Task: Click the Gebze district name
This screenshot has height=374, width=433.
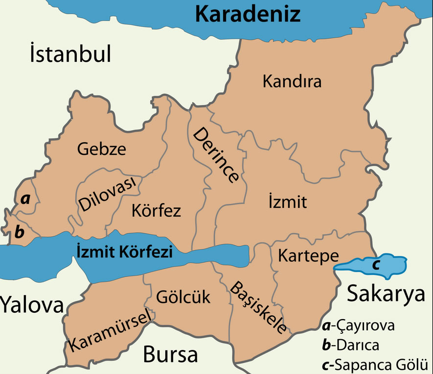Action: (x=101, y=149)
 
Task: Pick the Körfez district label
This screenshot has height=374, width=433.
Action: (x=156, y=211)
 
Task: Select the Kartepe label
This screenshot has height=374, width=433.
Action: (x=308, y=255)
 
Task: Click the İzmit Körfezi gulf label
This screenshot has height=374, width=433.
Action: (x=125, y=252)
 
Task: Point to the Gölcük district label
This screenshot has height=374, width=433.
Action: (x=183, y=297)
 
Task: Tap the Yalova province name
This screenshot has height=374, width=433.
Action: (x=32, y=305)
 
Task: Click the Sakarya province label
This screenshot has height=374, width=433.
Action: (x=386, y=294)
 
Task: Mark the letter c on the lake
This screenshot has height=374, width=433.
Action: (x=375, y=265)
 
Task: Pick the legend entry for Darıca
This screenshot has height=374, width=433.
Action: (x=350, y=345)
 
